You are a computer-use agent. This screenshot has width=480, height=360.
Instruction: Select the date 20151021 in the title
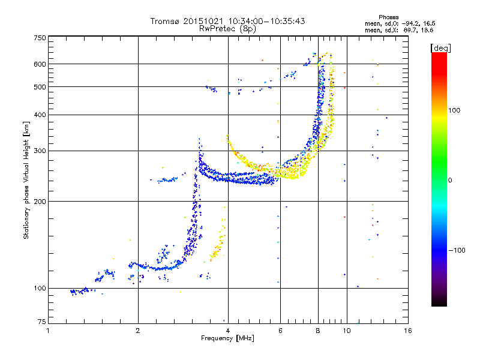(203, 21)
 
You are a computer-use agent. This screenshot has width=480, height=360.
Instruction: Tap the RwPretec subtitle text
(217, 29)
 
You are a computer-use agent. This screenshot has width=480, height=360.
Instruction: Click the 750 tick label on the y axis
(40, 38)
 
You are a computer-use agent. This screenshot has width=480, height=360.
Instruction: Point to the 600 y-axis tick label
(40, 64)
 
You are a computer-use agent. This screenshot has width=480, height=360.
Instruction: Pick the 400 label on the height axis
(40, 115)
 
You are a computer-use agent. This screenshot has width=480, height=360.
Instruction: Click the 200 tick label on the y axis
(40, 202)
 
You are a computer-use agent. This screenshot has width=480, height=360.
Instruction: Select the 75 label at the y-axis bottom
(42, 322)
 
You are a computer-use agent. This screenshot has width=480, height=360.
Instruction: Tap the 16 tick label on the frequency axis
(408, 331)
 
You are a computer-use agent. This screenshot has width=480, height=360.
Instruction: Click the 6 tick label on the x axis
(280, 331)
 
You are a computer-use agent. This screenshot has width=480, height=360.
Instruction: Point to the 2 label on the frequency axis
(138, 331)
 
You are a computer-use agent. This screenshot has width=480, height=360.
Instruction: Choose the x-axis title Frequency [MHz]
(227, 338)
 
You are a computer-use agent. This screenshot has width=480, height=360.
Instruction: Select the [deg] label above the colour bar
(440, 48)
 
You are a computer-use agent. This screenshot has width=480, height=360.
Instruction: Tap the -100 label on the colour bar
(457, 250)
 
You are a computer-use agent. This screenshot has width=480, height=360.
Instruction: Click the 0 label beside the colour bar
(450, 181)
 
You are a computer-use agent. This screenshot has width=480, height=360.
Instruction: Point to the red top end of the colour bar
(439, 53)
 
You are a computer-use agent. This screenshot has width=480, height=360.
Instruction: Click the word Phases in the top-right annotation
(388, 17)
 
